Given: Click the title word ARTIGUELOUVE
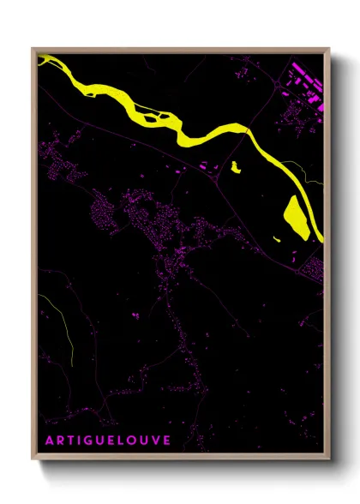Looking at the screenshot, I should point(107,440).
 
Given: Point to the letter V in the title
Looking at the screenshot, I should point(155,440).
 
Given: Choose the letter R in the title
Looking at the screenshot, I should point(59,440).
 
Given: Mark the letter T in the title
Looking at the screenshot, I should point(70,440).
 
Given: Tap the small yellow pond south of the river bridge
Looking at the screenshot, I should point(235,168).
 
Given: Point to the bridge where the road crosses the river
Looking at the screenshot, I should point(248,130).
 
